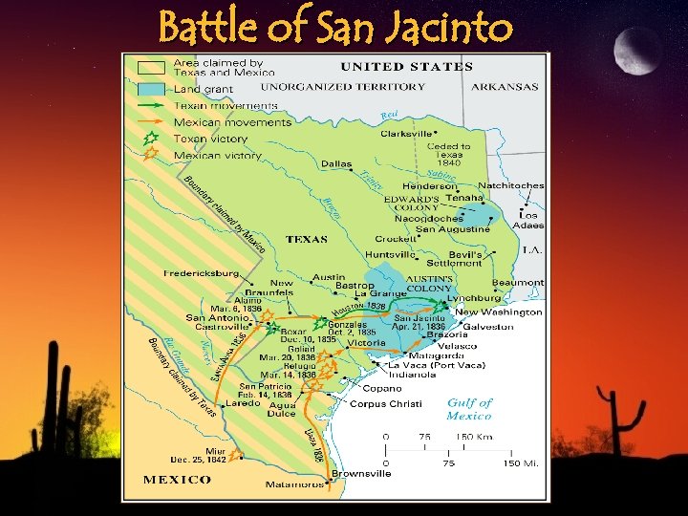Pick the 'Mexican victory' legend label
[x=217, y=155]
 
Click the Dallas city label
[x=336, y=164]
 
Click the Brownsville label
[x=360, y=474]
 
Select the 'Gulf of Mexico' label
[x=469, y=409]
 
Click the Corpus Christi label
[x=381, y=404]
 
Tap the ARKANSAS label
[x=505, y=87]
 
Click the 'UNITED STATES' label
[x=407, y=67]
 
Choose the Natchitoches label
[x=510, y=185]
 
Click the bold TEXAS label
[x=306, y=240]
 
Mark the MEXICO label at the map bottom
[x=177, y=479]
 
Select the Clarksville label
[x=406, y=134]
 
